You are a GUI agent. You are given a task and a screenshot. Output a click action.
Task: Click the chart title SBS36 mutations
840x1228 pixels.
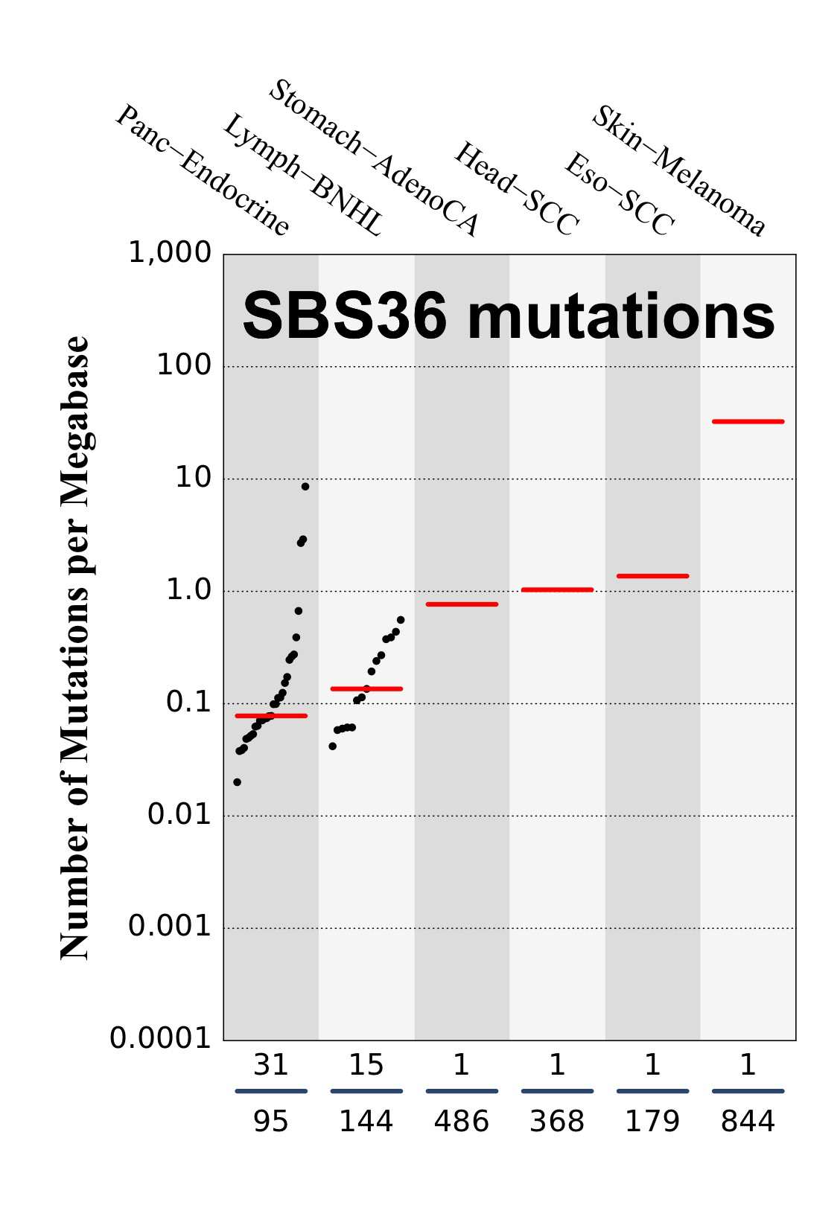click(x=509, y=316)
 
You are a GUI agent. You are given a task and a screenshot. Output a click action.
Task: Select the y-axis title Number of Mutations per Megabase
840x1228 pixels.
click(x=74, y=647)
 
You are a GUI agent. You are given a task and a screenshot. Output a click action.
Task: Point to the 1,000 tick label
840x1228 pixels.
click(x=170, y=253)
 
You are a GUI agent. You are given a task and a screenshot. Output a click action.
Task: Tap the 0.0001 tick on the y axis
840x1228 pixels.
click(x=161, y=1038)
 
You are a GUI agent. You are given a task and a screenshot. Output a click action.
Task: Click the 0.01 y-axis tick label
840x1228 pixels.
click(x=179, y=815)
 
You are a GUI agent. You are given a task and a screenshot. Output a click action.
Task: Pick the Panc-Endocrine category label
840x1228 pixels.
click(x=203, y=171)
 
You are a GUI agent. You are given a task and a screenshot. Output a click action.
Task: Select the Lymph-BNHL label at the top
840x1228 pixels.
click(x=303, y=176)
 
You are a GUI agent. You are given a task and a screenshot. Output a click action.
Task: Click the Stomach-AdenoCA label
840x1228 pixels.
click(x=374, y=159)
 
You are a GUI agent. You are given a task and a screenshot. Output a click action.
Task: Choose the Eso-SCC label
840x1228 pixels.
click(x=620, y=195)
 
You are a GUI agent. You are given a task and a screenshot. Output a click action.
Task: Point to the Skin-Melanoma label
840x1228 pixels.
click(x=678, y=171)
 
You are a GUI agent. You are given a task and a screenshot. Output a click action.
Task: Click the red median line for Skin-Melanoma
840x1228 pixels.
click(x=748, y=421)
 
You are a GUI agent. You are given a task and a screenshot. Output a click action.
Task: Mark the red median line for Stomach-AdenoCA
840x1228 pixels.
click(x=462, y=604)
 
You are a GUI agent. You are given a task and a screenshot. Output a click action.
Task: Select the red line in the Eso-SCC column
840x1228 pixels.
click(x=652, y=576)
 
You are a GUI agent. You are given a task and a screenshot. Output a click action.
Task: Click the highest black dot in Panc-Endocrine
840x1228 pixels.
click(x=305, y=487)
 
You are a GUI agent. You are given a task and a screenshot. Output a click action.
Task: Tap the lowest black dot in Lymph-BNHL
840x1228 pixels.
click(x=333, y=746)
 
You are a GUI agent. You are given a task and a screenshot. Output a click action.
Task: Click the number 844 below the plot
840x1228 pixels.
click(x=748, y=1122)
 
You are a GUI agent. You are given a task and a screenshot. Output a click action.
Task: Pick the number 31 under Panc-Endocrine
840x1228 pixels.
click(x=271, y=1066)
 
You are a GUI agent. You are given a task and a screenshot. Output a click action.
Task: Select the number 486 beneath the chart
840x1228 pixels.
click(x=462, y=1122)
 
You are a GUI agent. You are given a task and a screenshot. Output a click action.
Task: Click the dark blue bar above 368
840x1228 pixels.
click(x=557, y=1091)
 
